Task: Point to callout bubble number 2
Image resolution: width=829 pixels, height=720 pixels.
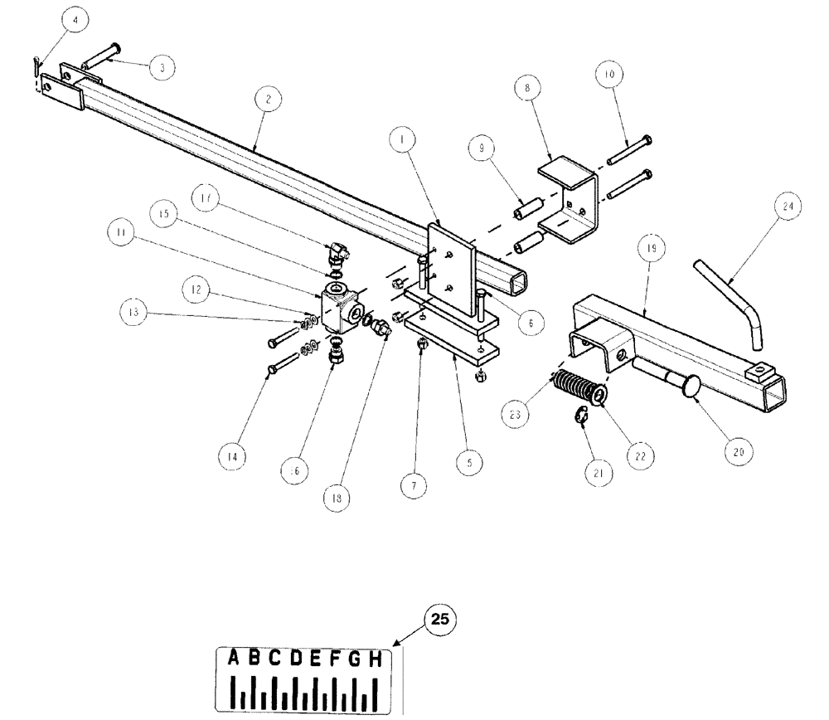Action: click(267, 98)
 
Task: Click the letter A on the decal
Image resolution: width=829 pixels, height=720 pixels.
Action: click(235, 659)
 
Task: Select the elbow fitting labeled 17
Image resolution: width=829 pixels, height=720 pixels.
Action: click(338, 248)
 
